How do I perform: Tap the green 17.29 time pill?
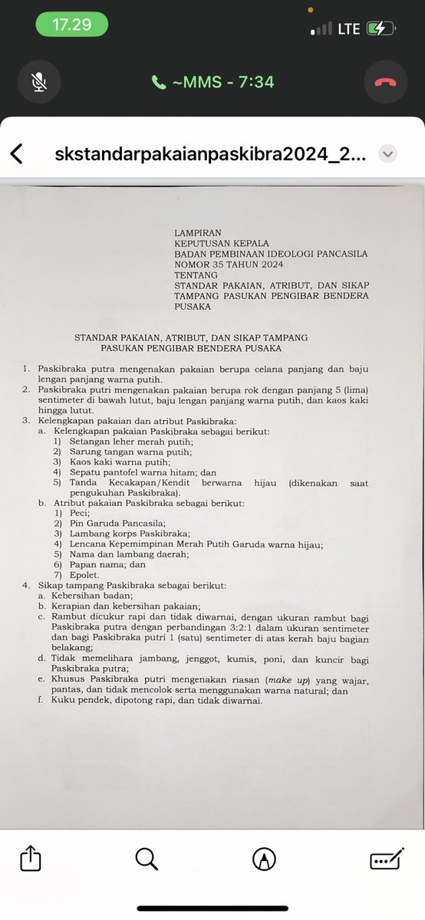(x=71, y=25)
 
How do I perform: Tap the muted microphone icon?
(x=38, y=81)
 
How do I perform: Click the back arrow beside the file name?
(x=16, y=153)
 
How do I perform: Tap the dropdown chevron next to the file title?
(x=389, y=153)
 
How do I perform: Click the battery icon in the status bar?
(x=381, y=29)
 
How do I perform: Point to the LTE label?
(x=349, y=29)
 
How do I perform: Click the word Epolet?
(x=86, y=575)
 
